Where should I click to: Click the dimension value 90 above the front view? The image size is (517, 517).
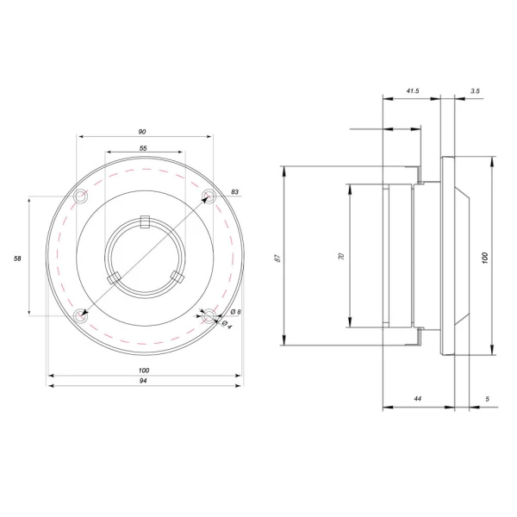coord(141,132)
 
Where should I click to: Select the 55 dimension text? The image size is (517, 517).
coord(142,149)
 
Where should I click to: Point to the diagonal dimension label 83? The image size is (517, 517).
coord(234,191)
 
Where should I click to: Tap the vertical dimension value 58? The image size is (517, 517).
coord(18,258)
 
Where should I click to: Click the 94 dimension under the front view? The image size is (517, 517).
coord(142,381)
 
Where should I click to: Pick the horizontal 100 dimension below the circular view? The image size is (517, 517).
coord(142,371)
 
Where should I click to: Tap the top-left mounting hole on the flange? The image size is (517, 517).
coord(80,198)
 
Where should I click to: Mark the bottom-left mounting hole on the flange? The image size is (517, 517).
coord(80,316)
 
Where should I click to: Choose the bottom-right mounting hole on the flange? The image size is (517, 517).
coord(208,316)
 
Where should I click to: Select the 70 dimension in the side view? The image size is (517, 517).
coord(341,257)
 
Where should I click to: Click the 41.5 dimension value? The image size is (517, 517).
coord(411,90)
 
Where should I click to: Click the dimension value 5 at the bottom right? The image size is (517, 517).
coord(487,399)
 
